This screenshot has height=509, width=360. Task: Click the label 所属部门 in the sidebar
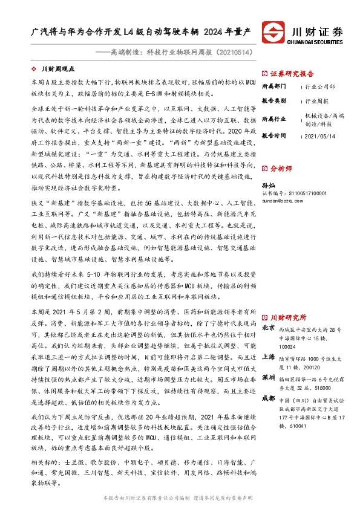point(273,87)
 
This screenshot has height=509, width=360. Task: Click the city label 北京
point(268,328)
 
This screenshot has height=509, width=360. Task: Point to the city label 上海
point(268,357)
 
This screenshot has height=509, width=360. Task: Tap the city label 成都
point(268,400)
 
